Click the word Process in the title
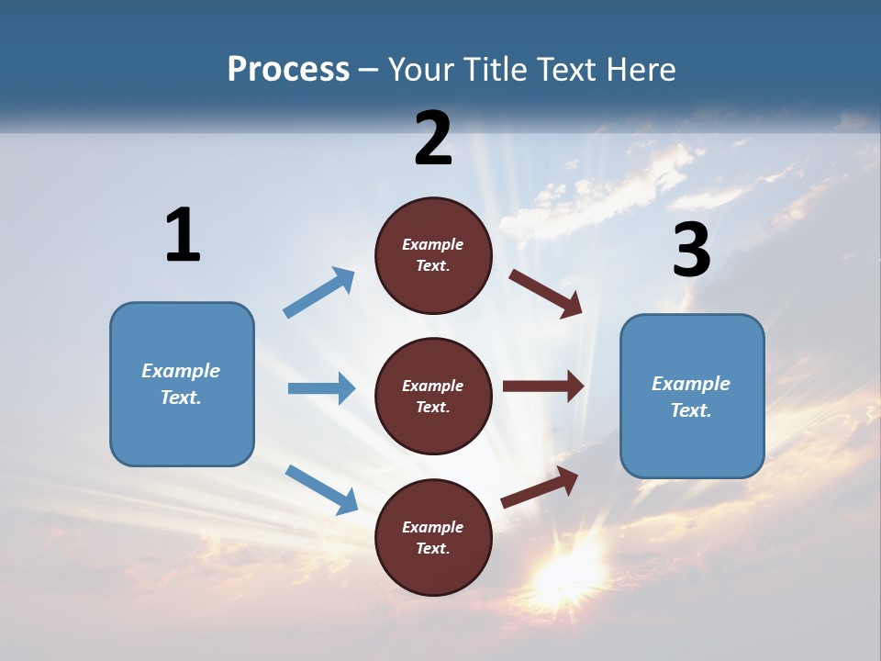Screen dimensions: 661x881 (x=288, y=70)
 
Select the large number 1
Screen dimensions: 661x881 (x=183, y=235)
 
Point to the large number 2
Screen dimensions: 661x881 (x=433, y=139)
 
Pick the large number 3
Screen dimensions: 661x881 (x=691, y=250)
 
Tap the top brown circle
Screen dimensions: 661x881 (x=433, y=255)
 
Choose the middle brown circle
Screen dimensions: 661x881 (x=433, y=397)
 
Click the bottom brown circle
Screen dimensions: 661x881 (x=433, y=538)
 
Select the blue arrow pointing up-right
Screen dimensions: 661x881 (x=319, y=292)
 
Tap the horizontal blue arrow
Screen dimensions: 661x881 (x=322, y=388)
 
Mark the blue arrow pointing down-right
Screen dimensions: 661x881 (x=322, y=488)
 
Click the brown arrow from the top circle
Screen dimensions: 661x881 (x=546, y=293)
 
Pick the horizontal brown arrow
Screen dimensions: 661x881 (x=543, y=386)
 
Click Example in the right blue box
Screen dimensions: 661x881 (x=691, y=384)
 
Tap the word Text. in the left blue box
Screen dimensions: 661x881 (x=181, y=398)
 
